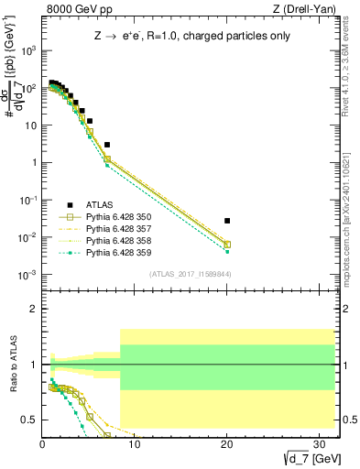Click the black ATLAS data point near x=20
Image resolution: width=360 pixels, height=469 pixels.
(227, 221)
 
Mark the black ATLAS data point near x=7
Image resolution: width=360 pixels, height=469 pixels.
(107, 145)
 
